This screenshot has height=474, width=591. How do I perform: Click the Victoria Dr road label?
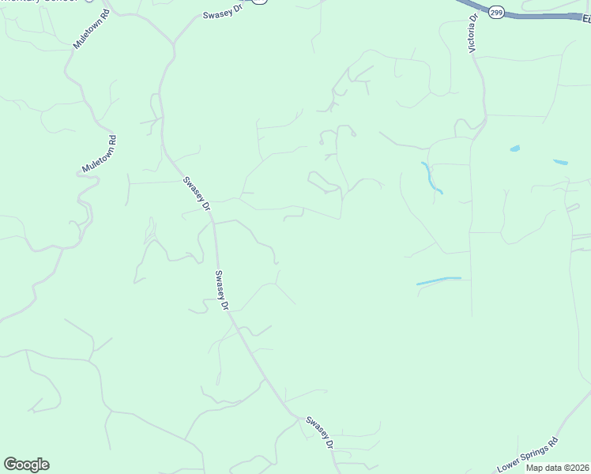coord(474,34)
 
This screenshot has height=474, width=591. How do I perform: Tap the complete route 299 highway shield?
coord(495,13)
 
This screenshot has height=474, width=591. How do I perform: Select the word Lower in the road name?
coord(509,466)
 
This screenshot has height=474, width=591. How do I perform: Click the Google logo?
coord(26,465)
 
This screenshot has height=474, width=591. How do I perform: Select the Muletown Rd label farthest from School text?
coord(100,155)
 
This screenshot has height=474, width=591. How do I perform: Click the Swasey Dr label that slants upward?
coord(221,15)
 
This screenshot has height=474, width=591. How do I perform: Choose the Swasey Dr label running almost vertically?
coord(222,290)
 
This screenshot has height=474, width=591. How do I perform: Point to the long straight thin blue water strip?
coord(439,280)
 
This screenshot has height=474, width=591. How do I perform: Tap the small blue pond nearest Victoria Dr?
coord(515,148)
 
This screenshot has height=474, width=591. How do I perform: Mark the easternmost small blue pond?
coord(560,162)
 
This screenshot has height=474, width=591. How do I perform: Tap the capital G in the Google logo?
coord(11,465)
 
